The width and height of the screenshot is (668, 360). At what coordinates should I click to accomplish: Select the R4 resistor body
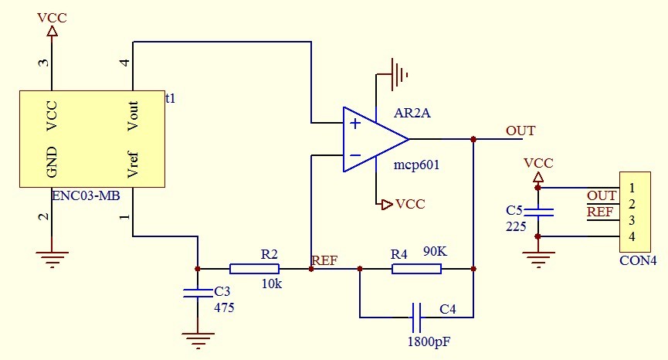(x=416, y=269)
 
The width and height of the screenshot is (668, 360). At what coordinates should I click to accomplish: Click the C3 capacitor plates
(x=198, y=293)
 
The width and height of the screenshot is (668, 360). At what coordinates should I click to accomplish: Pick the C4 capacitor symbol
(x=416, y=317)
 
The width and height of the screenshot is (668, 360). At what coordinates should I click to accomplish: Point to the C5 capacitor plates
(x=538, y=212)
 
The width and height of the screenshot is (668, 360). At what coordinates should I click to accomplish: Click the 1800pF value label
(x=429, y=340)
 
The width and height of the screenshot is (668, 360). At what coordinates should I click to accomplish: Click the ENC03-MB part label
(x=86, y=195)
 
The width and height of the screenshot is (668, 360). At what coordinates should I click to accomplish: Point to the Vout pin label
(x=133, y=116)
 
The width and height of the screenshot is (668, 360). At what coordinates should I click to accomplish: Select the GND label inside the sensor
(x=53, y=161)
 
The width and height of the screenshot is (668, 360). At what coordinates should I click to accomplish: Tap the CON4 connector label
(x=638, y=260)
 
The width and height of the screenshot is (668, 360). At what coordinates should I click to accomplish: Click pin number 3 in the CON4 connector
(x=632, y=220)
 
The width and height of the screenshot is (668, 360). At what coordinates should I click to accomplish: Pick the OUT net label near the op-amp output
(x=520, y=131)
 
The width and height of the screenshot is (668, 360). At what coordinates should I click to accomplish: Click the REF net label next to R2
(x=324, y=260)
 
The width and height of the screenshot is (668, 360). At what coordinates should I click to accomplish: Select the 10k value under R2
(x=272, y=284)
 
